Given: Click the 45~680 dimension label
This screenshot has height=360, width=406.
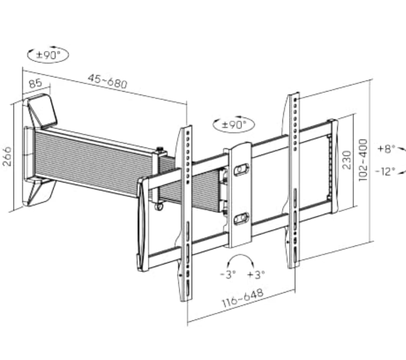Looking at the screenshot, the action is [x=108, y=81].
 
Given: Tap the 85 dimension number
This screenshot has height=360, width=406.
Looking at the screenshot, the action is [x=35, y=83].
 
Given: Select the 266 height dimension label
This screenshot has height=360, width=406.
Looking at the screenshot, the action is [x=7, y=156].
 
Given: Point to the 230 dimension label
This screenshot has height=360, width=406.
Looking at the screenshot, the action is [x=347, y=160].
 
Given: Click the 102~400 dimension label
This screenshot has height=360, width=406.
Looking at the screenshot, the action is [x=363, y=160].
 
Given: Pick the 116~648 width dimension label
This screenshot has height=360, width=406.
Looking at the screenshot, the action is [x=242, y=298].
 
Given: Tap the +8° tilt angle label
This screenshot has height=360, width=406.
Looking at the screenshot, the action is [x=386, y=149].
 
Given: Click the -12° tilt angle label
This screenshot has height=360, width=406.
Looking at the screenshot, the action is [x=386, y=171].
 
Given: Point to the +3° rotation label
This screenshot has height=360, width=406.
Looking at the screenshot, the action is [x=256, y=274].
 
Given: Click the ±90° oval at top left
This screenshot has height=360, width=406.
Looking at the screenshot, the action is [x=48, y=55].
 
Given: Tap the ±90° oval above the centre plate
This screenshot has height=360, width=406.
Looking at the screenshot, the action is [x=234, y=124].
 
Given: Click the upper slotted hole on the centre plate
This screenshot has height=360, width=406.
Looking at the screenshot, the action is [x=241, y=169].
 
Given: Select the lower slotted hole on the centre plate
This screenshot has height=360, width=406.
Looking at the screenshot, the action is [x=241, y=219].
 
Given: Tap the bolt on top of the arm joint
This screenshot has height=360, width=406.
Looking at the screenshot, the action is [x=159, y=150].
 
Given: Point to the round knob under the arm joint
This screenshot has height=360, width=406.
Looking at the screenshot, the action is [x=159, y=207].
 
